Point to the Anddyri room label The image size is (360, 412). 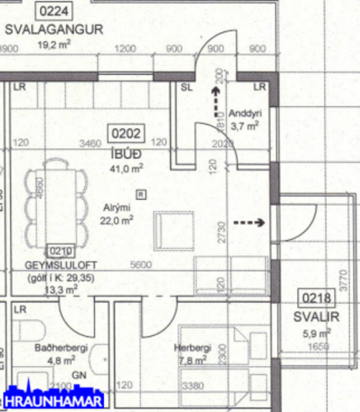pyautogui.click(x=244, y=113)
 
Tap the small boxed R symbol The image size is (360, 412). pyautogui.click(x=140, y=194)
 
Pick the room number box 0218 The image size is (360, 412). pyautogui.click(x=317, y=298)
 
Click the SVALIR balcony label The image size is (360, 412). pyautogui.click(x=316, y=317)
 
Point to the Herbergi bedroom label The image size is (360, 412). pyautogui.click(x=192, y=348)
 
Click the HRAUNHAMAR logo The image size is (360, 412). pyautogui.click(x=53, y=401)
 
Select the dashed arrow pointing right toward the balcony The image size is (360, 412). pyautogui.click(x=251, y=222)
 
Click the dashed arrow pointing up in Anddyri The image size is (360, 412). pyautogui.click(x=214, y=100)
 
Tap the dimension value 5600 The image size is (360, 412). pyautogui.click(x=140, y=264)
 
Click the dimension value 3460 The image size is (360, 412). pyautogui.click(x=90, y=142)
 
